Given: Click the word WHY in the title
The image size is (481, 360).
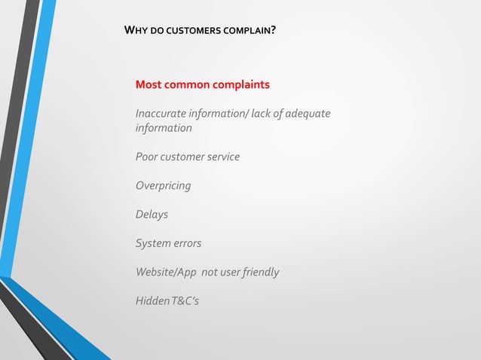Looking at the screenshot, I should click(x=136, y=32).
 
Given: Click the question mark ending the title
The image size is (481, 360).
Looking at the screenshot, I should click(x=273, y=32).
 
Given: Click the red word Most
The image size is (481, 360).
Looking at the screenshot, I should click(x=148, y=84).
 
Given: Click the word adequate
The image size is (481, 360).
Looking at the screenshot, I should click(x=306, y=114).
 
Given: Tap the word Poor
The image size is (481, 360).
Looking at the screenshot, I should click(x=146, y=157).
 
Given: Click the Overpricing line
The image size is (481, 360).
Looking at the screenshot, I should click(x=163, y=185).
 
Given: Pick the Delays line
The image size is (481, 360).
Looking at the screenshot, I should click(x=152, y=214).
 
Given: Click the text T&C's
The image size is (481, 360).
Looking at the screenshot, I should click(x=185, y=301).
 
